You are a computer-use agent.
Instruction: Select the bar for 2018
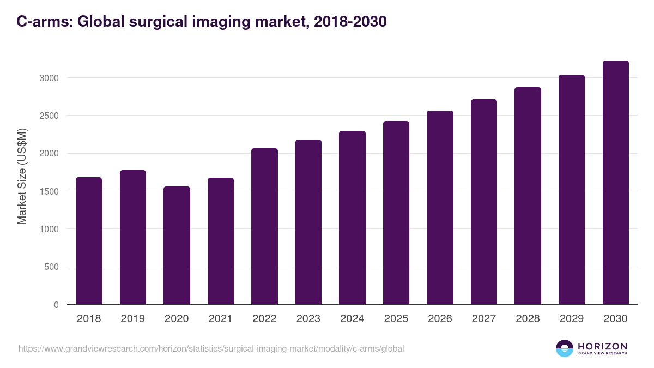pos(89,240)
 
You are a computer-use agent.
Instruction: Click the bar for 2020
pos(177,245)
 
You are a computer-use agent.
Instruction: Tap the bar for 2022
pos(264,226)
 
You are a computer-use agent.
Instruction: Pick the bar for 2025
pos(396,213)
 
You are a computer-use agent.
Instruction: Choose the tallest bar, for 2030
pos(615,182)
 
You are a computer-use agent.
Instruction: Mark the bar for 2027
pos(484,202)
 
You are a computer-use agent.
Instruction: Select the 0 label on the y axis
pos(57,305)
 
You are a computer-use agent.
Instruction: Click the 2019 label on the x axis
pos(132,319)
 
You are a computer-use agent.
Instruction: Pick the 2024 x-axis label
pos(352,319)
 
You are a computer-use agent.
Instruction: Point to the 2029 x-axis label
pos(571,319)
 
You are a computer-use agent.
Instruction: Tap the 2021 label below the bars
pos(220,319)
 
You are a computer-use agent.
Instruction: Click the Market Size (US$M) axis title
pos(22,176)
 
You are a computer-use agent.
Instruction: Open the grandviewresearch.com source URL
pos(211,348)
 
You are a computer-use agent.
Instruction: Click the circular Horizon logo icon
pos(565,348)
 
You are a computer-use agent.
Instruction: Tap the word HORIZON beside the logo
pos(602,346)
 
